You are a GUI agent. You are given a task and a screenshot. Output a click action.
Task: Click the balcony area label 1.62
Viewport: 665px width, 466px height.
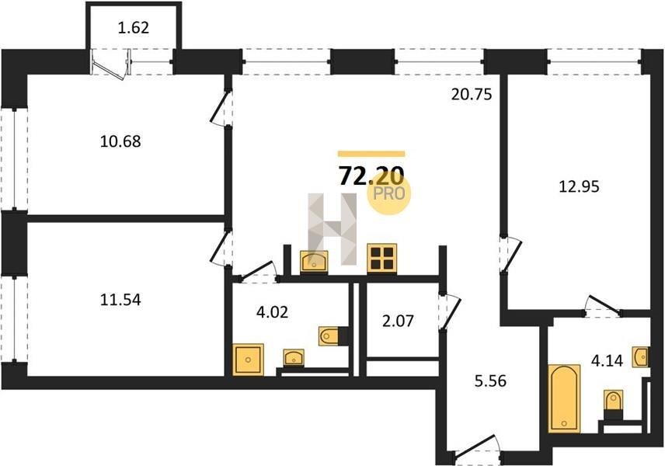pyautogui.click(x=134, y=28)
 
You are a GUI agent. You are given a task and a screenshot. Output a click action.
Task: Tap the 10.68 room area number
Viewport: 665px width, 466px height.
pyautogui.click(x=120, y=141)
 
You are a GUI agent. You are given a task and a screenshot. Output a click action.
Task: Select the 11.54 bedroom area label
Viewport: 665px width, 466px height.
pyautogui.click(x=120, y=300)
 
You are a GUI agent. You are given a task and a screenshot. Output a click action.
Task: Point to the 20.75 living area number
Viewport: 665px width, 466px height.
pyautogui.click(x=472, y=94)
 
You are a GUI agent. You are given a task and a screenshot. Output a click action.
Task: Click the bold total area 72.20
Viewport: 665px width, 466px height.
pyautogui.click(x=371, y=176)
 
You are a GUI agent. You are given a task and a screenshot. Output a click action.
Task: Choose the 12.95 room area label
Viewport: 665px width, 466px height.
pyautogui.click(x=579, y=186)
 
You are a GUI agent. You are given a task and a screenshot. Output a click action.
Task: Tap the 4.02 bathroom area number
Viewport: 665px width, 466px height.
pyautogui.click(x=272, y=312)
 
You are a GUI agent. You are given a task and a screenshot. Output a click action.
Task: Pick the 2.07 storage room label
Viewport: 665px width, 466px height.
pyautogui.click(x=398, y=321)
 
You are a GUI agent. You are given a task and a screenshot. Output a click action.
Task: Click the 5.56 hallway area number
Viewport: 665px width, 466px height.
pyautogui.click(x=490, y=381)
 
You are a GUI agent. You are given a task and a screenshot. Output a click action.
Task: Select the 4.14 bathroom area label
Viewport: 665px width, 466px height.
pyautogui.click(x=607, y=361)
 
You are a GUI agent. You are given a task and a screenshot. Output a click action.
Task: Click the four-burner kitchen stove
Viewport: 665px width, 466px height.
pyautogui.click(x=381, y=257)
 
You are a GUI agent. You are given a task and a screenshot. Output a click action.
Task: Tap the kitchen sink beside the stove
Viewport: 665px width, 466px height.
pyautogui.click(x=314, y=261)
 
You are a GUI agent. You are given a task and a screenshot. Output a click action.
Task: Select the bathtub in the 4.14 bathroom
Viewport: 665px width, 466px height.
pyautogui.click(x=564, y=398)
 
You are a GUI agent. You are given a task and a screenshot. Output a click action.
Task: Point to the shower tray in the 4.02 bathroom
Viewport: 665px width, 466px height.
pyautogui.click(x=248, y=359)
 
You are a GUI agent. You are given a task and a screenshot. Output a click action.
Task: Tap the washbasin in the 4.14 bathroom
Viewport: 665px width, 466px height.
pyautogui.click(x=640, y=356)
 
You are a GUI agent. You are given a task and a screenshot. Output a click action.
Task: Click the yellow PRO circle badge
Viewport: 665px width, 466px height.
pyautogui.click(x=389, y=193)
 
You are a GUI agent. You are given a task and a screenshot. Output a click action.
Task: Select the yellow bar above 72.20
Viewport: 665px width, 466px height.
pyautogui.click(x=371, y=154)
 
